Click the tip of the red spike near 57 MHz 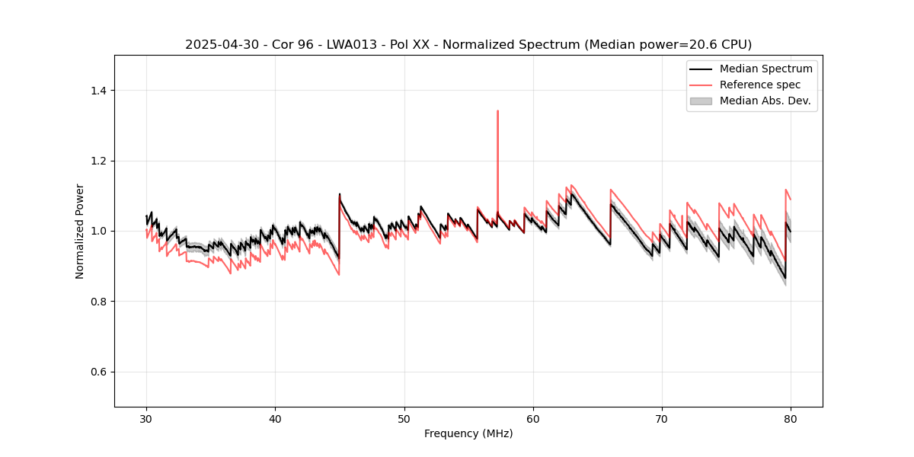pos(497,111)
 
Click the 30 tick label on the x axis pos(146,418)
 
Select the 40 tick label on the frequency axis pos(275,418)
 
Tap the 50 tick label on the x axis pos(404,418)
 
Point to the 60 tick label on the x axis pos(533,418)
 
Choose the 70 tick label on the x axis pos(662,418)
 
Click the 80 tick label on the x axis pos(791,418)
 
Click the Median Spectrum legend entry pos(765,69)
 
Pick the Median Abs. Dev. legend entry pos(765,101)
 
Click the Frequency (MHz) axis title pos(468,433)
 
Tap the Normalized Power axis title pos(80,231)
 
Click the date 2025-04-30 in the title pos(217,45)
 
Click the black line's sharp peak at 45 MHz pos(340,194)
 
